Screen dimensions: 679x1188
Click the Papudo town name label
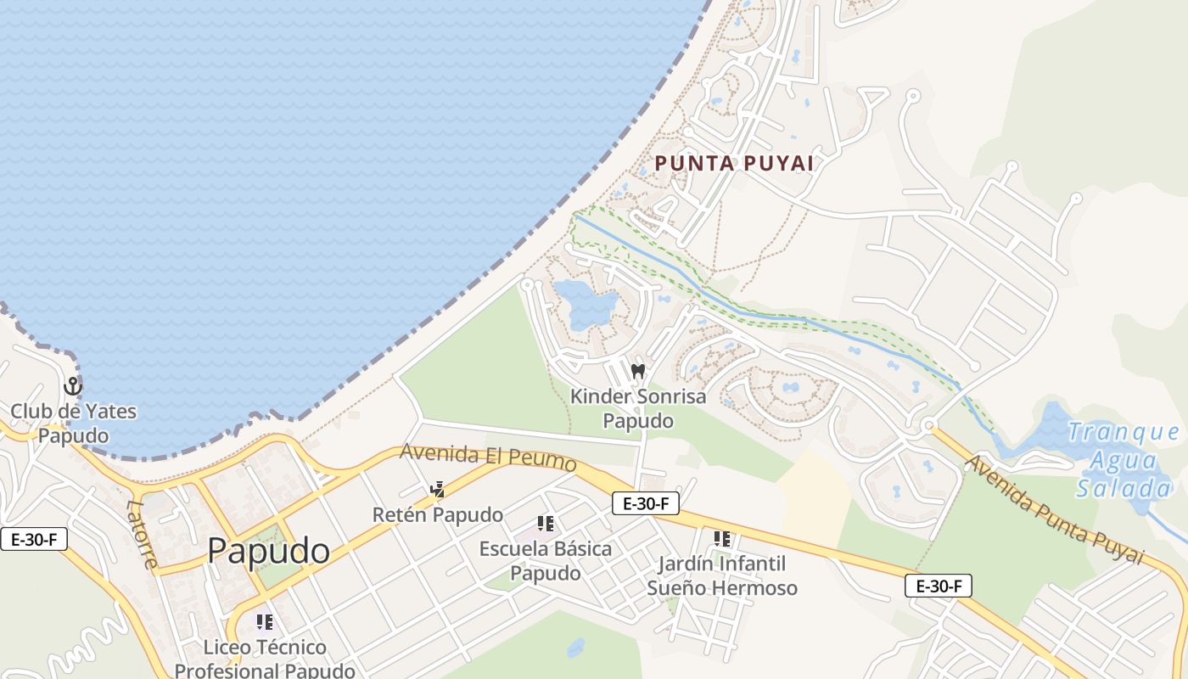click(x=268, y=552)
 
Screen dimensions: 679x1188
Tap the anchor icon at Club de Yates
click(x=73, y=387)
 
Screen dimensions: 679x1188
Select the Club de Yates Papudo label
click(x=73, y=424)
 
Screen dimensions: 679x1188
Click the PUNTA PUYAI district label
click(x=735, y=163)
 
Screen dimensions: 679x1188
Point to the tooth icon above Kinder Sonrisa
click(x=638, y=371)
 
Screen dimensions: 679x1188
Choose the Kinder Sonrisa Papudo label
click(x=638, y=408)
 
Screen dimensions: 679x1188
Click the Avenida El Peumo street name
click(x=489, y=458)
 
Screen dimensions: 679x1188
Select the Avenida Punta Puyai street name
click(x=1055, y=509)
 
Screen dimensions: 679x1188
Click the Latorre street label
click(x=142, y=533)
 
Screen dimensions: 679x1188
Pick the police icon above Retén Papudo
click(x=438, y=490)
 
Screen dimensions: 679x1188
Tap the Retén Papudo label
click(x=438, y=515)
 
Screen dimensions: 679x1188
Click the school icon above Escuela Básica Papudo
click(x=546, y=524)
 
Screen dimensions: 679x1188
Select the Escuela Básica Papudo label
click(x=546, y=560)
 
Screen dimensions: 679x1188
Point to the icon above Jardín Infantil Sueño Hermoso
click(x=722, y=539)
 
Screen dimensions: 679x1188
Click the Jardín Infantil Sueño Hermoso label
click(x=722, y=575)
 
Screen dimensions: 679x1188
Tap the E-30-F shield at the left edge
click(x=34, y=539)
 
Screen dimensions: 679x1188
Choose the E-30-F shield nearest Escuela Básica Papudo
click(x=646, y=503)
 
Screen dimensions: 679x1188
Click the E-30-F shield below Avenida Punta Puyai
click(x=938, y=586)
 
